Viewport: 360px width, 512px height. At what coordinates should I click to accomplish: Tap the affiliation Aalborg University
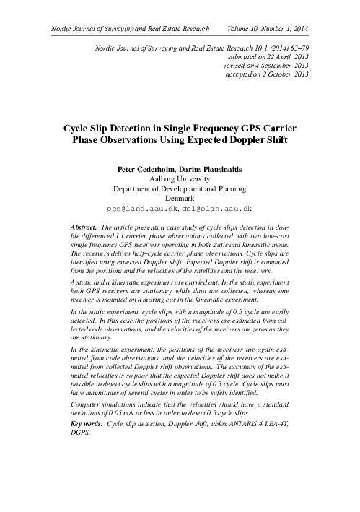(180, 177)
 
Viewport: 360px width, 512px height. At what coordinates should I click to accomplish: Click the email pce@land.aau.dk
(141, 207)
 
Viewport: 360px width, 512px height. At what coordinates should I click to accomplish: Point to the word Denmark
(180, 197)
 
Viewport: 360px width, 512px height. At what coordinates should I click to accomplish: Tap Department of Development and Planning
(180, 187)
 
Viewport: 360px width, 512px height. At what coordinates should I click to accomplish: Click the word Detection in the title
(131, 127)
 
